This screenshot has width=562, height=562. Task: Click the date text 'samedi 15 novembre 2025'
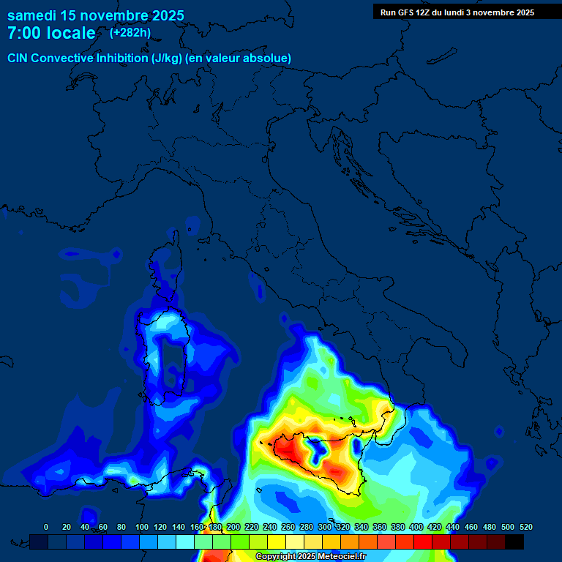pyautogui.click(x=95, y=15)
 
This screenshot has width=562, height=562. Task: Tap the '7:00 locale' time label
pyautogui.click(x=51, y=33)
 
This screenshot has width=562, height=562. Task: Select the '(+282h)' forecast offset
pyautogui.click(x=130, y=33)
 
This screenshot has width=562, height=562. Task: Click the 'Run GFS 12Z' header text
pyautogui.click(x=408, y=12)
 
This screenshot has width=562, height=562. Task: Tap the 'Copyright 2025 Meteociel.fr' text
pyautogui.click(x=310, y=557)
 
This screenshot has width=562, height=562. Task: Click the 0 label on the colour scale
pyautogui.click(x=46, y=527)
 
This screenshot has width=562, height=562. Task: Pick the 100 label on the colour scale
pyautogui.click(x=141, y=527)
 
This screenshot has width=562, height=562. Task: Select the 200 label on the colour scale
pyautogui.click(x=233, y=527)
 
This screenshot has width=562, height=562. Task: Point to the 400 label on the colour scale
pyautogui.click(x=416, y=527)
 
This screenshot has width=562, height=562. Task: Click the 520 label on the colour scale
pyautogui.click(x=525, y=527)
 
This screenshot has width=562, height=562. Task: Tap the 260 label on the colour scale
pyautogui.click(x=288, y=527)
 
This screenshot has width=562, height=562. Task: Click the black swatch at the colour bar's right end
pyautogui.click(x=514, y=542)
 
